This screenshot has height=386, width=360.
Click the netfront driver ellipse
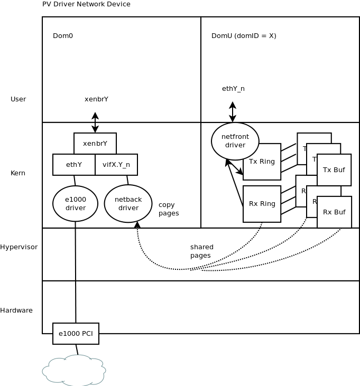(x=235, y=141)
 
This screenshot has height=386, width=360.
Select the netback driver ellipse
(x=128, y=203)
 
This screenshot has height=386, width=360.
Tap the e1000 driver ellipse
(x=75, y=203)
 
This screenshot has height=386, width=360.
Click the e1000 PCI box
(x=76, y=334)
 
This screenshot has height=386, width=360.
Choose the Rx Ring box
(x=262, y=204)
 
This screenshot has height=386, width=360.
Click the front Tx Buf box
(x=334, y=170)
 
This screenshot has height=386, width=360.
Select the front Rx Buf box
(x=334, y=212)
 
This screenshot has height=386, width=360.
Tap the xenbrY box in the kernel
(x=95, y=144)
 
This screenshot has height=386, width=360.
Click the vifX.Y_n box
(x=116, y=165)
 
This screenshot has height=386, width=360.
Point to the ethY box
(x=74, y=165)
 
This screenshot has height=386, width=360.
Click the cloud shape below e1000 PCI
(x=74, y=370)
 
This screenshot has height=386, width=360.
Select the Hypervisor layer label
(x=19, y=247)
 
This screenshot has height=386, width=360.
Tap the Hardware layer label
(x=16, y=310)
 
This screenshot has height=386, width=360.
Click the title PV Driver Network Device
(x=86, y=4)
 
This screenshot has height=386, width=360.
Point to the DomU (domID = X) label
(x=244, y=36)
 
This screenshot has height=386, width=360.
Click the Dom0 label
(x=63, y=36)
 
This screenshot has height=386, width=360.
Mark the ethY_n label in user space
(x=233, y=89)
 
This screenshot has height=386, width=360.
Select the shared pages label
(x=202, y=251)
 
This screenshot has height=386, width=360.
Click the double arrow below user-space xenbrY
(x=95, y=123)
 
